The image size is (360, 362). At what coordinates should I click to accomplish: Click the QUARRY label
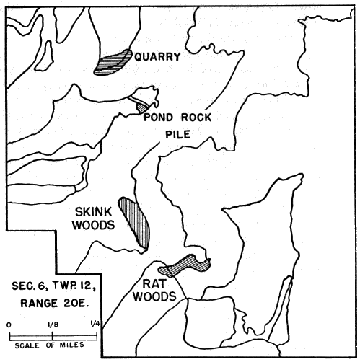157,57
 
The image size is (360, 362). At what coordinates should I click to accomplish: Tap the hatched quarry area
113,63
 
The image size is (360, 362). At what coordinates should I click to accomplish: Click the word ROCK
196,118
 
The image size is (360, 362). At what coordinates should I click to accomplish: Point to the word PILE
178,135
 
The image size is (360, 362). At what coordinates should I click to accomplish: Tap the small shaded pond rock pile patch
141,107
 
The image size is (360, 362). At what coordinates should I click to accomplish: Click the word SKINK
93,212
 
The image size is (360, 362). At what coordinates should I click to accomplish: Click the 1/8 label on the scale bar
53,325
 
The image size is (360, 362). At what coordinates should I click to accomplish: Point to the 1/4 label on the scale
95,323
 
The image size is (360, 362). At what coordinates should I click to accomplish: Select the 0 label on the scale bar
9,325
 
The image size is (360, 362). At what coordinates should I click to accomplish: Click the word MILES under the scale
72,345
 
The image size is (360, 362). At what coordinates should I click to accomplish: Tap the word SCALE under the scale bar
27,345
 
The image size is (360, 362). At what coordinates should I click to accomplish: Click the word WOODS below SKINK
94,226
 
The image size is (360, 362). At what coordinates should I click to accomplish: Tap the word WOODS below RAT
154,296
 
